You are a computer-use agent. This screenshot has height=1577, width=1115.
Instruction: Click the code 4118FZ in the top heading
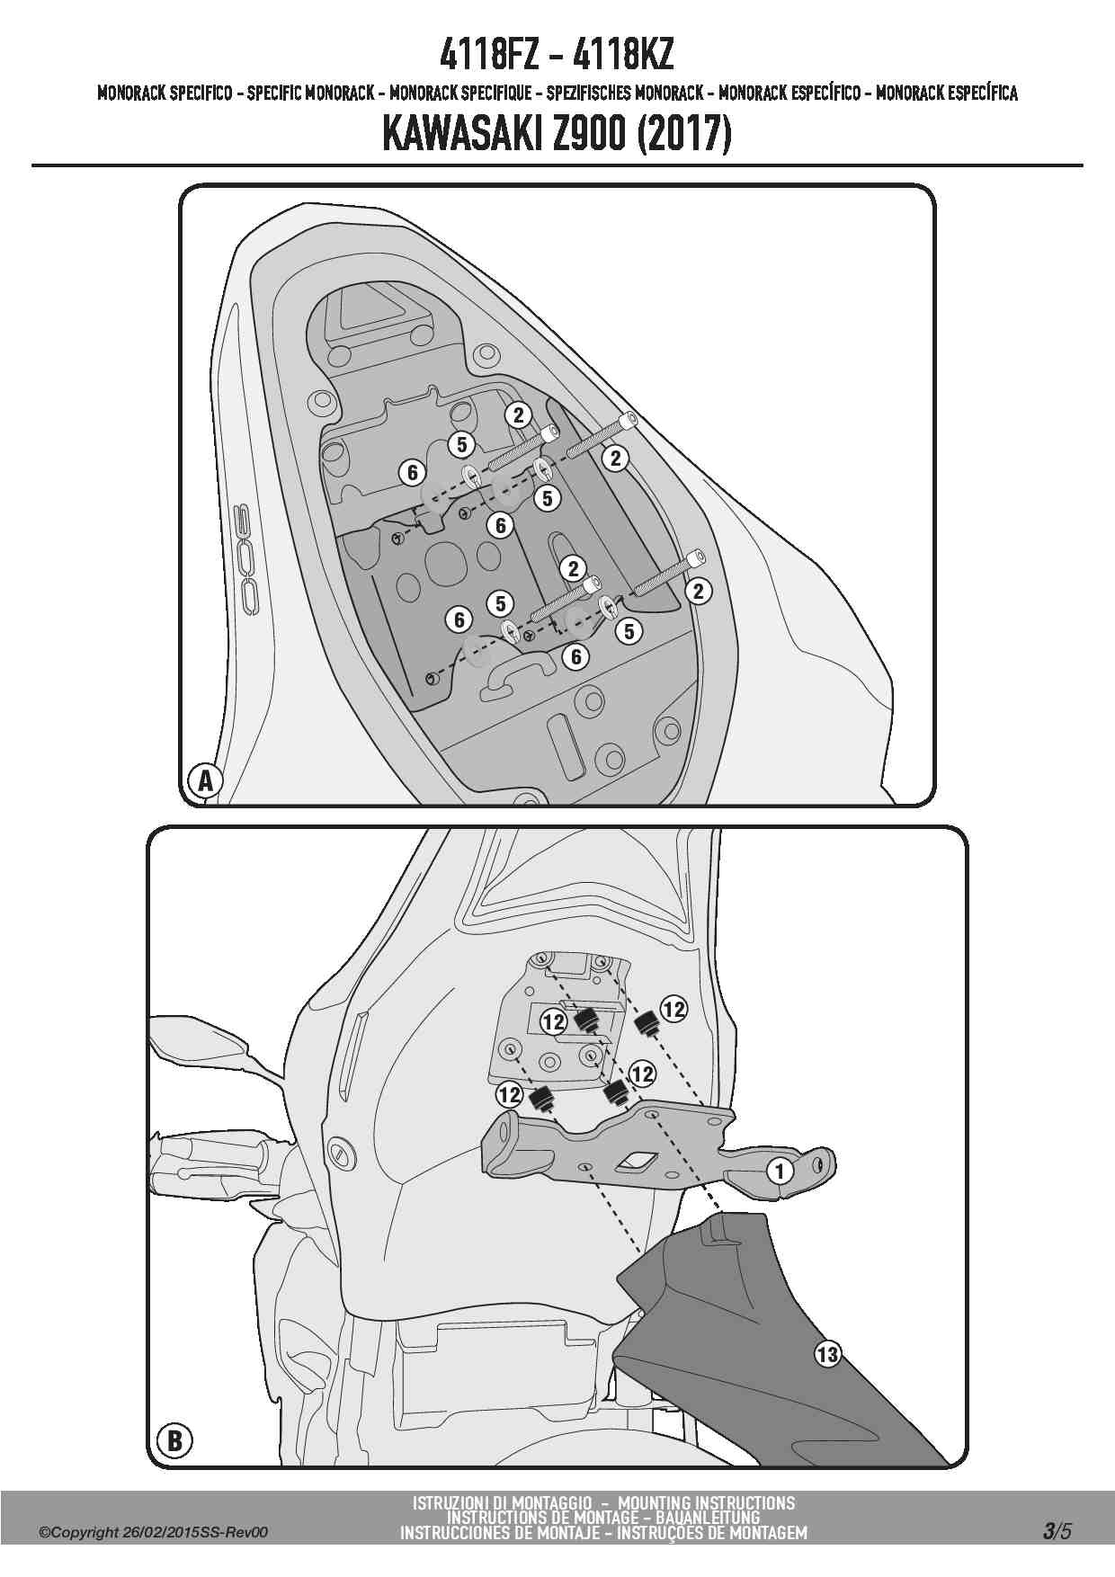coord(490,56)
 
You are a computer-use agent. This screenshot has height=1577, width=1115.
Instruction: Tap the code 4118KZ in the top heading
coord(623,56)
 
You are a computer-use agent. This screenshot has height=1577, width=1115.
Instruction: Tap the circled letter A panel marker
coord(206,780)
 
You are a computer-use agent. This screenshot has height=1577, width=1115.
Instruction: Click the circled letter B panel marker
coord(174,1441)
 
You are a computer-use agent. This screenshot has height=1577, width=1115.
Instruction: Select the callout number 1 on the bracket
coord(780,1171)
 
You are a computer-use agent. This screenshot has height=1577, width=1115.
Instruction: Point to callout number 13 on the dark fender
coord(827,1352)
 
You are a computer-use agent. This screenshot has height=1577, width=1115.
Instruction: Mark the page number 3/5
coord(1057,1531)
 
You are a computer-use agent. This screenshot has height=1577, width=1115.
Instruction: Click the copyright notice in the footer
coord(154,1533)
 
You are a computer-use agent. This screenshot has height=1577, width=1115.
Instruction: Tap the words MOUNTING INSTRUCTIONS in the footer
coord(707,1503)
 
